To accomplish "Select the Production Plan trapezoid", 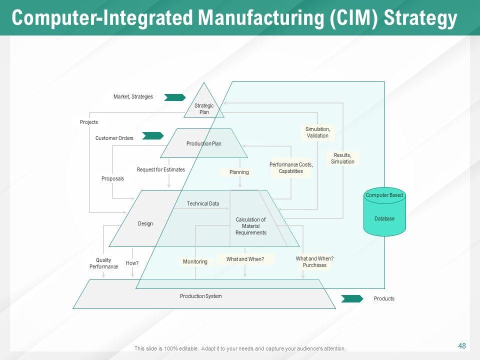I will pyautogui.click(x=204, y=143).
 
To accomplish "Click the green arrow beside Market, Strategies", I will pyautogui.click(x=174, y=97).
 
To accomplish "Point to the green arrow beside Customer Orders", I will pyautogui.click(x=153, y=135).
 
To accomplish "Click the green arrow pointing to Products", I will pyautogui.click(x=352, y=298).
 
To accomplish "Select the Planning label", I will pyautogui.click(x=239, y=172).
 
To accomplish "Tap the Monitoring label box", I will pyautogui.click(x=195, y=261).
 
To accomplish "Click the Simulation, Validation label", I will pyautogui.click(x=317, y=132).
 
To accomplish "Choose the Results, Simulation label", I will pyautogui.click(x=342, y=158).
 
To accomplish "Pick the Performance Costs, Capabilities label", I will pyautogui.click(x=290, y=168).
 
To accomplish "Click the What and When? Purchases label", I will pyautogui.click(x=314, y=262).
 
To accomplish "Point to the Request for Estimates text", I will pyautogui.click(x=161, y=169).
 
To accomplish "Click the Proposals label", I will pyautogui.click(x=112, y=178).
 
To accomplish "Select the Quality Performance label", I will pyautogui.click(x=103, y=263).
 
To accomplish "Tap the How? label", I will pyautogui.click(x=132, y=263).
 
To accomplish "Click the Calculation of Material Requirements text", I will pyautogui.click(x=250, y=226).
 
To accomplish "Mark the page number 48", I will pyautogui.click(x=462, y=345).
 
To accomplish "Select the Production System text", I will pyautogui.click(x=200, y=296).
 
